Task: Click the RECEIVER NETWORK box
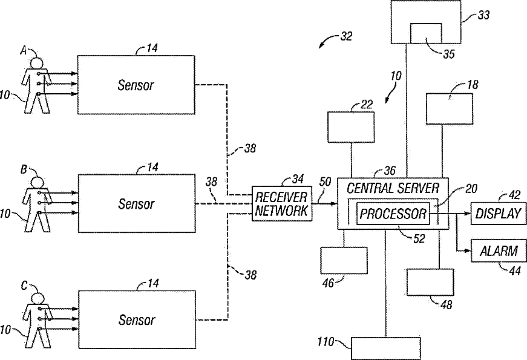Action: point(282,203)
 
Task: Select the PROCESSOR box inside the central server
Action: point(393,214)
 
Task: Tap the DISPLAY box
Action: point(499,214)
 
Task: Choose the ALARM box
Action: point(499,250)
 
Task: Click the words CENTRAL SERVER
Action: point(393,188)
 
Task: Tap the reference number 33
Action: point(483,15)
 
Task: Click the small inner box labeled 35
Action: point(426,33)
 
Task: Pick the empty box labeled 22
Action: point(351,126)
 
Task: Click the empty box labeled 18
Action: point(450,109)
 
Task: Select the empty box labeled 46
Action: point(344,261)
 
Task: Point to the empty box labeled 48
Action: point(430,282)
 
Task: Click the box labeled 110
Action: point(386,349)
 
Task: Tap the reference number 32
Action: point(346,36)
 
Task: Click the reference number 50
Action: point(325,182)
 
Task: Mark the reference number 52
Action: point(419,238)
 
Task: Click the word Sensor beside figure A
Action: point(136,85)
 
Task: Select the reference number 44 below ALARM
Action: point(514,270)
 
